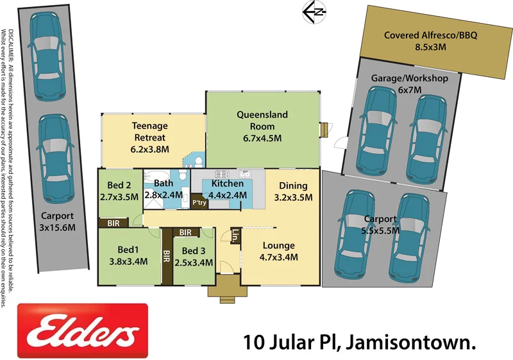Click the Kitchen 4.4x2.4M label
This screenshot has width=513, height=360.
[x=226, y=189]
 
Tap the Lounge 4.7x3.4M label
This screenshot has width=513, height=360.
[x=278, y=251]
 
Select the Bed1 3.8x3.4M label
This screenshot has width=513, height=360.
[x=128, y=255]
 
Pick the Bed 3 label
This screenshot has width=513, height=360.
[x=194, y=255]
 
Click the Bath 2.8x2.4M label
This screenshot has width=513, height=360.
[x=162, y=189]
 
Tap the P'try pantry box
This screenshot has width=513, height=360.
[x=199, y=203]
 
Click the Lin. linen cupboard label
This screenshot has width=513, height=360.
[x=235, y=236]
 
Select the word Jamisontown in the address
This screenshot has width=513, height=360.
[x=411, y=342]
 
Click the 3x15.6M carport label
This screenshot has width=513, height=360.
[x=58, y=221]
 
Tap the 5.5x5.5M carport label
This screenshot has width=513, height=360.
[x=381, y=225]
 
